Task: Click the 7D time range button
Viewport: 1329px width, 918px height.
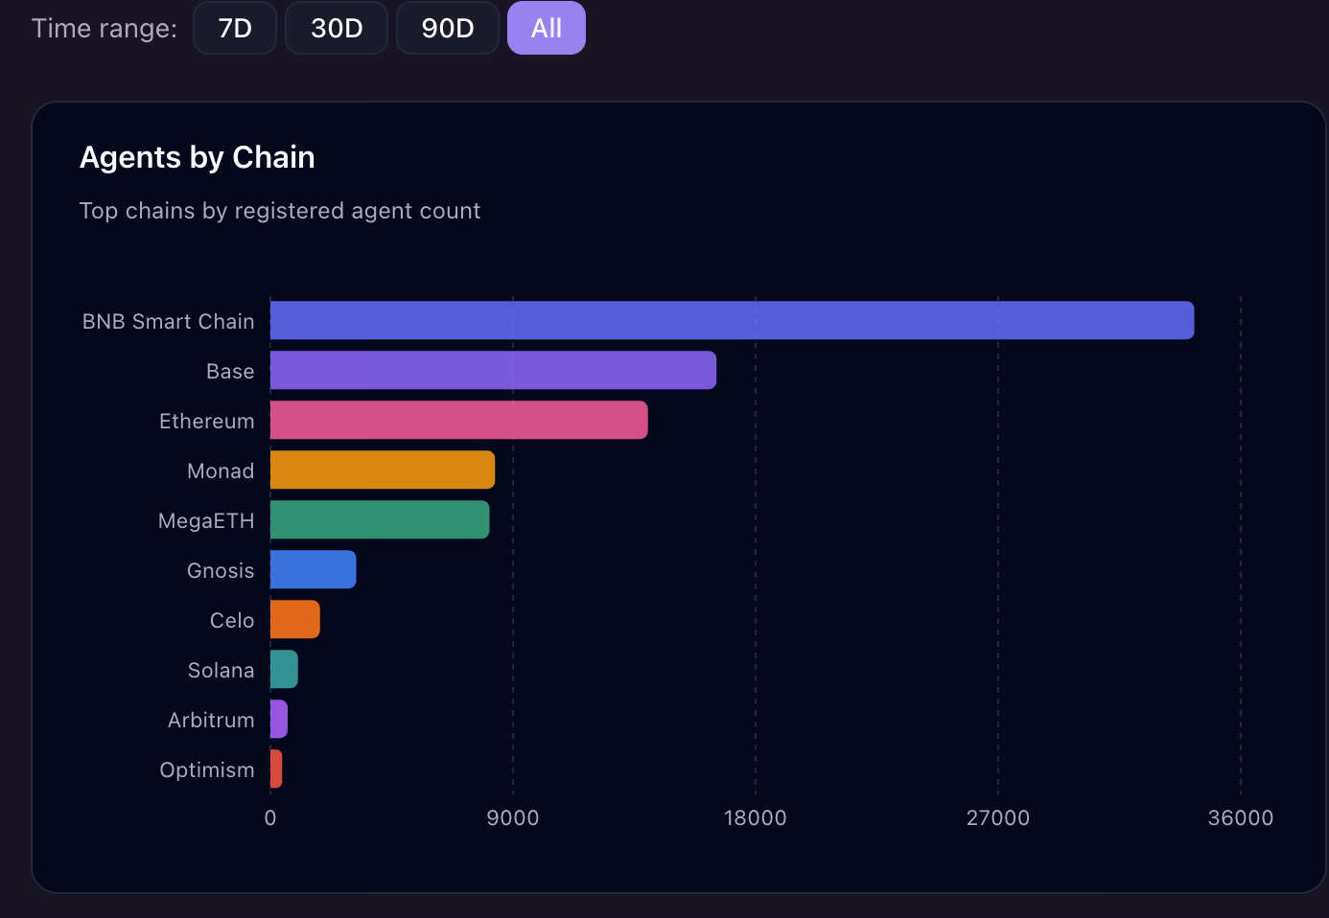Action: pos(235,28)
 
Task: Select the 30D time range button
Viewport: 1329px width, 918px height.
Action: pos(337,28)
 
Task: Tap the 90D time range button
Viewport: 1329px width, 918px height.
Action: pos(448,28)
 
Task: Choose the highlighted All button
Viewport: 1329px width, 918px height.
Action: pos(547,28)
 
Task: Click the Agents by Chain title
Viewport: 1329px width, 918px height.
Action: pos(198,157)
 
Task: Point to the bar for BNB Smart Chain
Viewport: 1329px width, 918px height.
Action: pos(732,320)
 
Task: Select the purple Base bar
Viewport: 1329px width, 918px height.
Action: pos(493,370)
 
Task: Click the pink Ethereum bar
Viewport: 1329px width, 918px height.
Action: pos(458,420)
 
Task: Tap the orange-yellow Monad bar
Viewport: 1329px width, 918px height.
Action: pos(383,470)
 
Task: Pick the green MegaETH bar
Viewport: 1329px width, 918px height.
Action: pos(380,519)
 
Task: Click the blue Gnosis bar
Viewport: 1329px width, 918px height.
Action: pos(313,569)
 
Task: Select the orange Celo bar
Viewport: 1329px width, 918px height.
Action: pos(294,619)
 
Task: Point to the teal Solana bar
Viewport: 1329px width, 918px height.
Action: pos(284,669)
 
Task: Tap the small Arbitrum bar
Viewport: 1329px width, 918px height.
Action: pos(279,719)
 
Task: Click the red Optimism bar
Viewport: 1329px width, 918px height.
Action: pos(276,769)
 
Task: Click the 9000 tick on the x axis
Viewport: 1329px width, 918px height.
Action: pos(513,817)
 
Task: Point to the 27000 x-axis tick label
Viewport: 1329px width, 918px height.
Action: pos(997,817)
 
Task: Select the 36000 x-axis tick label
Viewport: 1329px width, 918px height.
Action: pos(1240,817)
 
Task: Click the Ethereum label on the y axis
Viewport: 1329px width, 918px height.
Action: pos(207,421)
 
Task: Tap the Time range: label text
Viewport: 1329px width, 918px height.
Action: pos(105,29)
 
